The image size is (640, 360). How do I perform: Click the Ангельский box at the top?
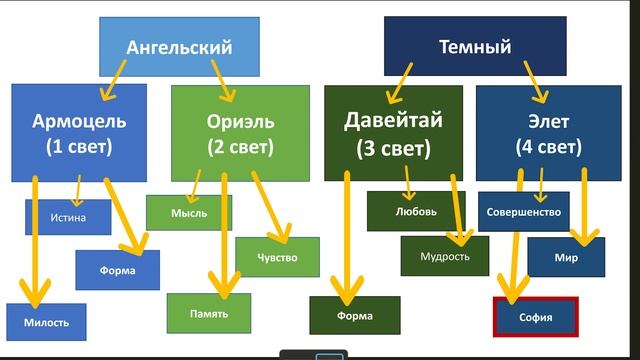point(179,46)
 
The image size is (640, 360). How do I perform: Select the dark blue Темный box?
point(475,46)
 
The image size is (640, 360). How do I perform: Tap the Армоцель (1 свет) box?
point(79,132)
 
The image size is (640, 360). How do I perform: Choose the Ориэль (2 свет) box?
point(238,132)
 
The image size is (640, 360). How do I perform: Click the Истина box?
point(67,217)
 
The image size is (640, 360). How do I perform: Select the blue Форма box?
point(118,269)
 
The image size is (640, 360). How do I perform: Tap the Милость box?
point(45,321)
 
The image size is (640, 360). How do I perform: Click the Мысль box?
point(188,213)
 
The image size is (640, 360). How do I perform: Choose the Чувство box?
point(277,256)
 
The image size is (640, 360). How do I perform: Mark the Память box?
point(209,313)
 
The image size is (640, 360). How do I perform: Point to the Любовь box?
point(416,211)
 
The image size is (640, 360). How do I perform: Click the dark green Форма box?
point(355,316)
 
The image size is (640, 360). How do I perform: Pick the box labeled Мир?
point(566,257)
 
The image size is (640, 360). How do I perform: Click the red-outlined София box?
point(536,317)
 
